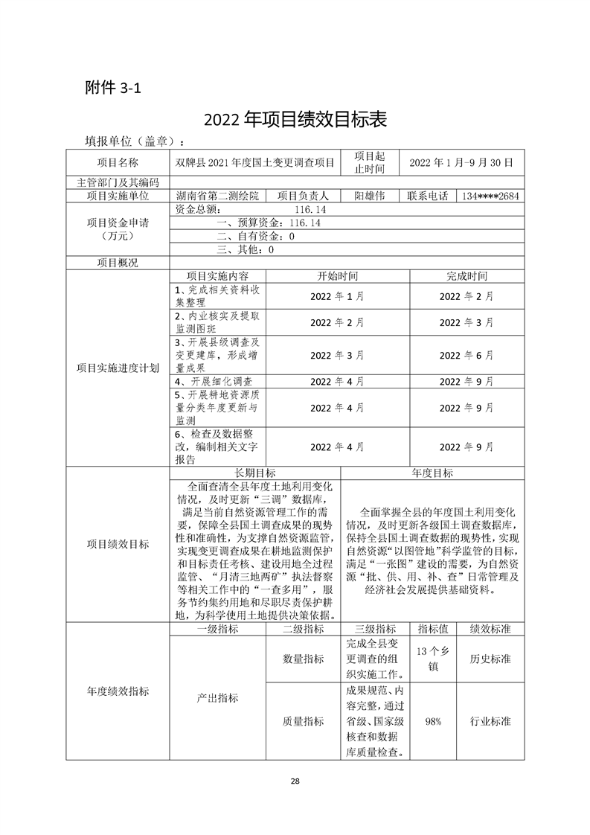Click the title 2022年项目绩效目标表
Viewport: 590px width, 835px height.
coord(295,120)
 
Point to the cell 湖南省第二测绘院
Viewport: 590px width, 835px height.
coord(218,196)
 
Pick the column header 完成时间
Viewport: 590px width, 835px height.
coord(466,275)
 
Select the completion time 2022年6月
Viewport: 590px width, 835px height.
coord(466,356)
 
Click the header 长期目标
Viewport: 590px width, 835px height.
coord(255,473)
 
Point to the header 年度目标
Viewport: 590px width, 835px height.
coord(432,473)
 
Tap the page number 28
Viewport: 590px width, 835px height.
coord(295,781)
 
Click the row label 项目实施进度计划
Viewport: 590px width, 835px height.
coord(118,368)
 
